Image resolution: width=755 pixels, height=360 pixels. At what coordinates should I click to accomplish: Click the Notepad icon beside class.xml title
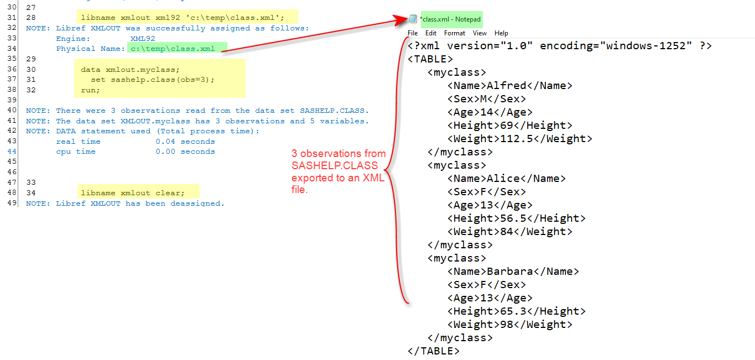click(x=413, y=19)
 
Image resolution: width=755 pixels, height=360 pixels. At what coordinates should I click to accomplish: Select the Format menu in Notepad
click(x=455, y=33)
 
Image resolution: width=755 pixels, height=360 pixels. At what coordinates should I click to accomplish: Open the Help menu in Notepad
click(x=501, y=33)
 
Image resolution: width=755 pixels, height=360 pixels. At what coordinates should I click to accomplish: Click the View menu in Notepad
click(x=480, y=33)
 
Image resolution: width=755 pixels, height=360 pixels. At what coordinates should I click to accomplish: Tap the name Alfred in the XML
click(x=506, y=86)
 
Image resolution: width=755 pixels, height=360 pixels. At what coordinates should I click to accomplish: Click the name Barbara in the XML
click(x=509, y=272)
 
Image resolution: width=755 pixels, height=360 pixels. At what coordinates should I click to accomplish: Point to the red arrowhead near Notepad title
click(x=403, y=21)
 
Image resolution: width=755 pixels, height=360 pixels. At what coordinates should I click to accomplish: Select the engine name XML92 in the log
click(x=143, y=39)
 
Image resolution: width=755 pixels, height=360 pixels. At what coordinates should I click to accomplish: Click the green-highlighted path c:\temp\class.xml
click(x=173, y=49)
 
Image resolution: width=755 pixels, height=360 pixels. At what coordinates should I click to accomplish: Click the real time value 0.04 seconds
click(x=185, y=142)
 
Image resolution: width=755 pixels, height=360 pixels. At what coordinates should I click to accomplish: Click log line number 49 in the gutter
click(x=12, y=203)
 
